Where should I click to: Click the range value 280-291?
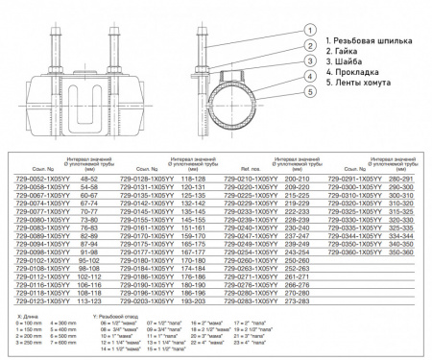click(x=400, y=179)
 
